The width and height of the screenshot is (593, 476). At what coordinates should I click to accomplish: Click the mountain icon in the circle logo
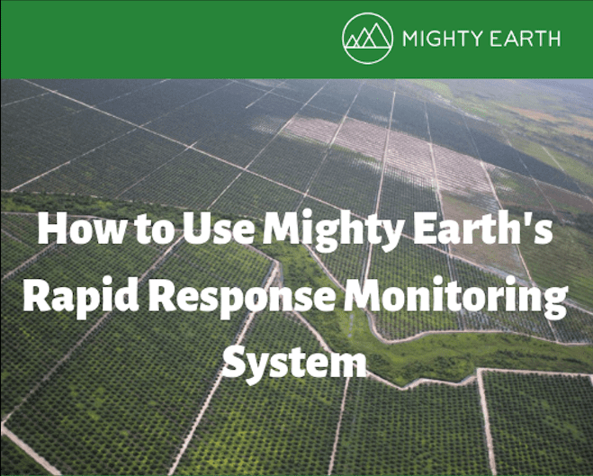point(367,37)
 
